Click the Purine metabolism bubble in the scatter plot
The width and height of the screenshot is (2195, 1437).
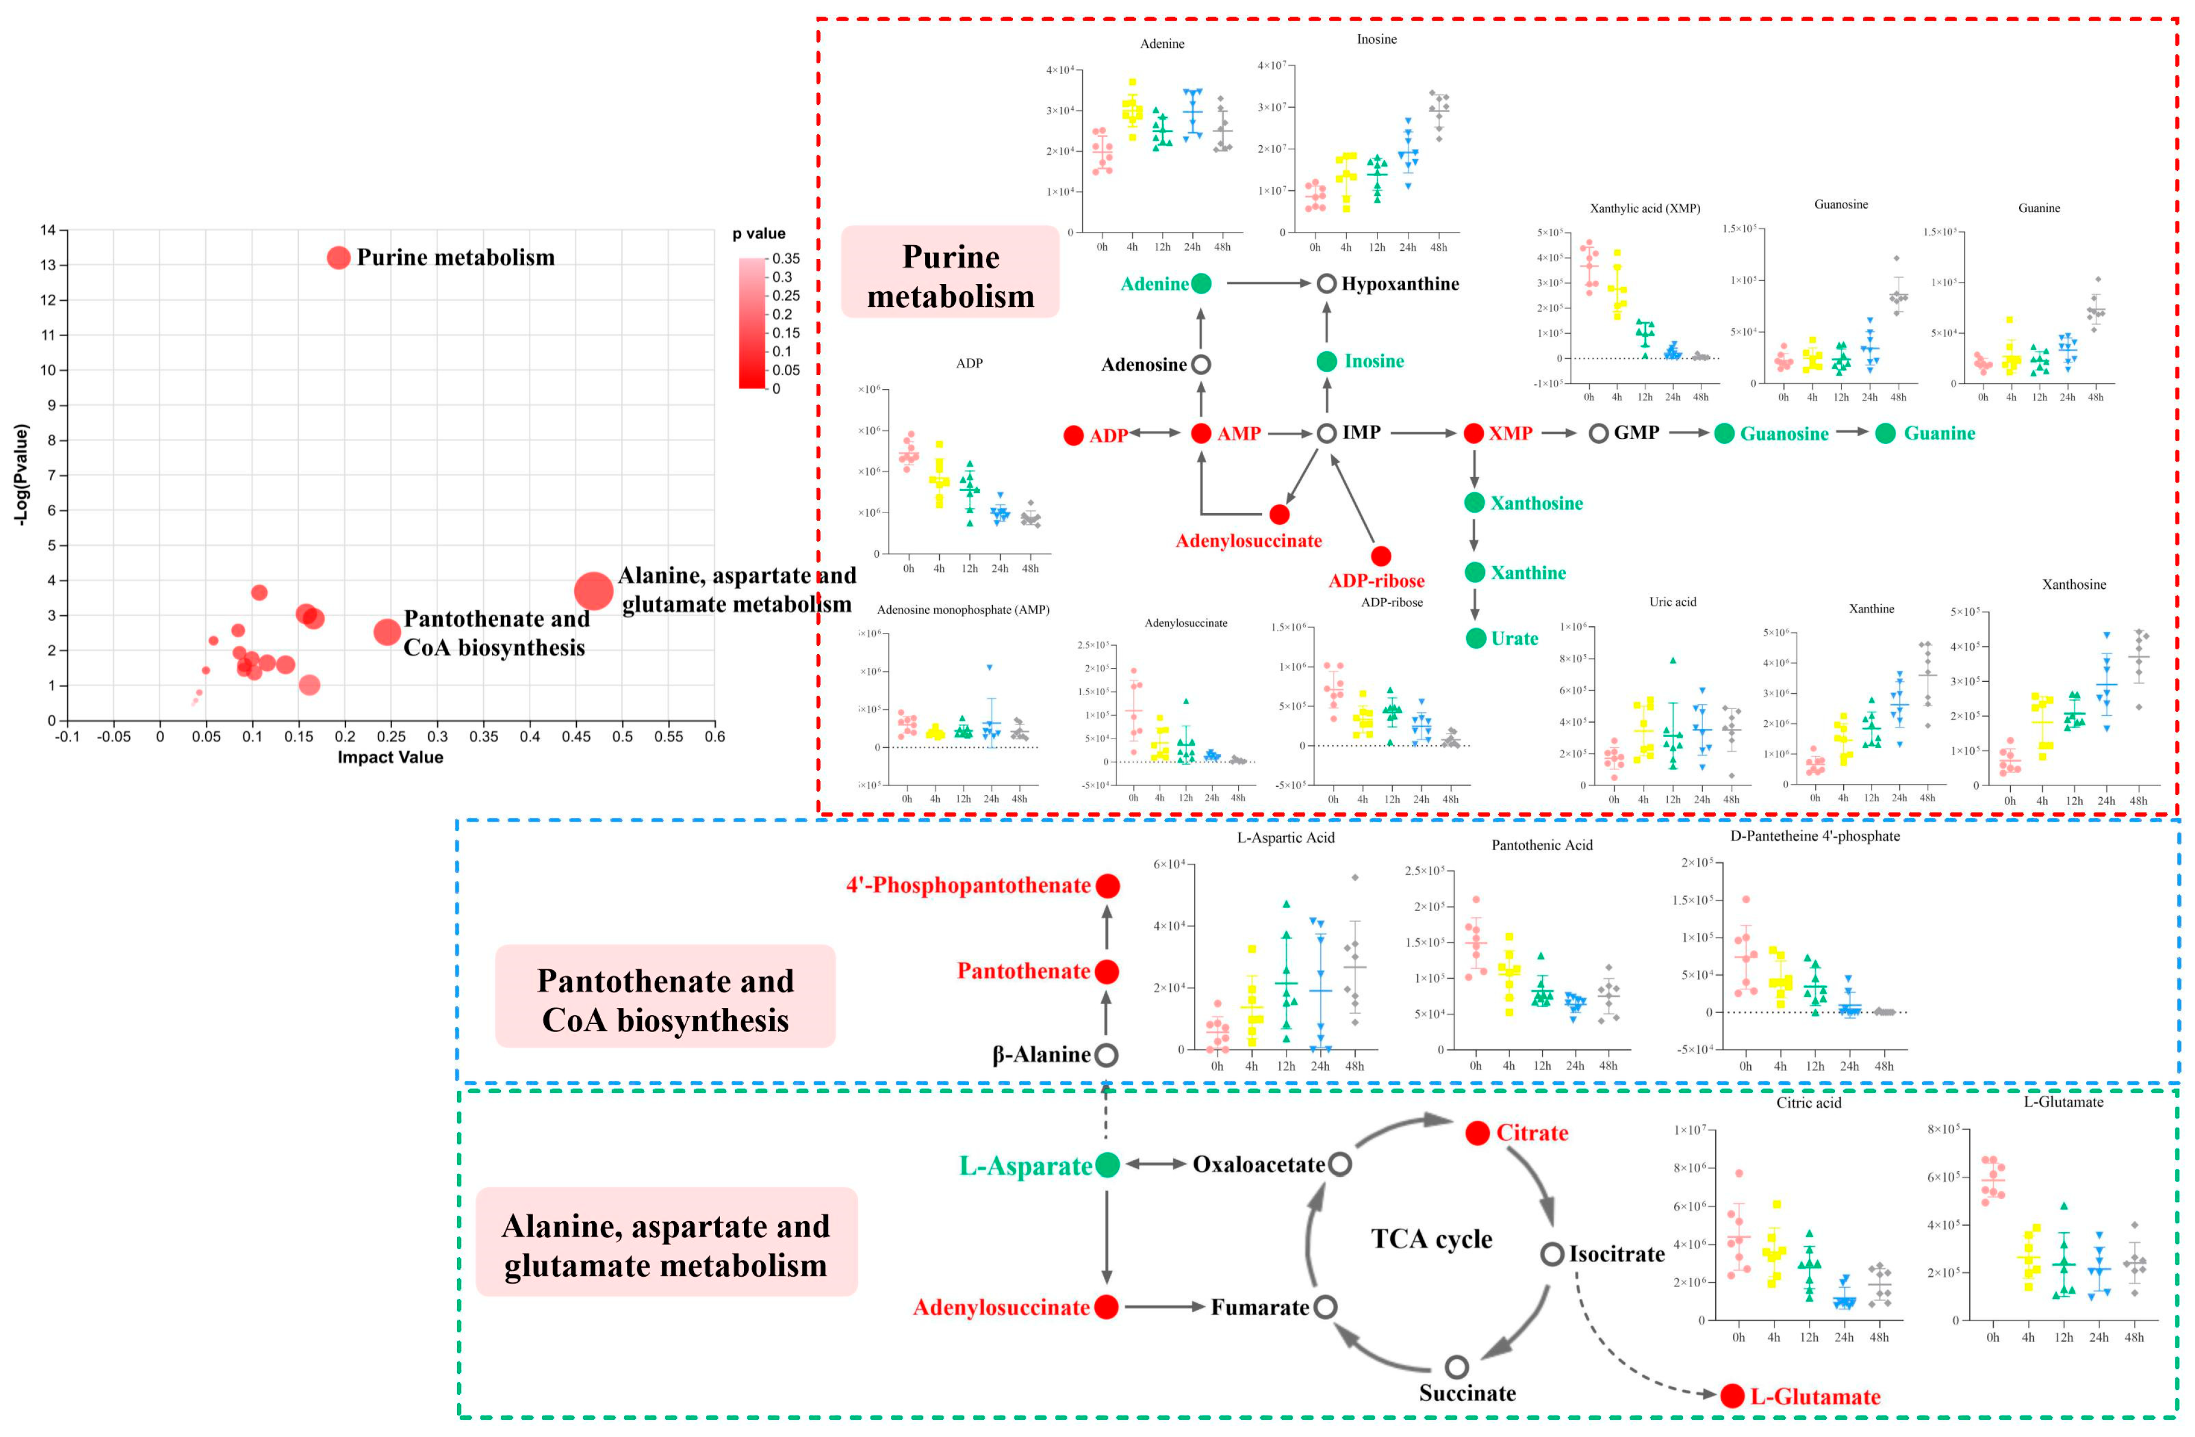click(x=338, y=257)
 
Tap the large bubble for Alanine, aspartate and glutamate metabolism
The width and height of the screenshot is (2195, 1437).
click(x=593, y=590)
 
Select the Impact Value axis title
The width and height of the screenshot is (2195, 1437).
click(x=390, y=757)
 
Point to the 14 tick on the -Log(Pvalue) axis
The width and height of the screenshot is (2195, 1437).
click(x=47, y=230)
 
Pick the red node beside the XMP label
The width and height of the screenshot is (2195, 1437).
click(x=1474, y=433)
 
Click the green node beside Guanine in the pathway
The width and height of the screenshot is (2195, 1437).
click(x=1885, y=433)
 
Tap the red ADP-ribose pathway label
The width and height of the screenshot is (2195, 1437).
click(x=1376, y=581)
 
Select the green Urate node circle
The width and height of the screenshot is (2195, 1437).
click(x=1476, y=638)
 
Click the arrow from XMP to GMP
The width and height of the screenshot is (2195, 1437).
click(x=1559, y=433)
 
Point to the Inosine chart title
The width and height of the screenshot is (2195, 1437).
click(x=1376, y=39)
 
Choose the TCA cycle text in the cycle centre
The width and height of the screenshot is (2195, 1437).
click(x=1431, y=1239)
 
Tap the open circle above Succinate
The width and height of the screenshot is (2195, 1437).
click(x=1456, y=1367)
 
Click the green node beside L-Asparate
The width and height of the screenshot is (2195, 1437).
click(x=1108, y=1165)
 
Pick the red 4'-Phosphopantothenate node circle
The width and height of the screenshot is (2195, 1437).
click(x=1108, y=886)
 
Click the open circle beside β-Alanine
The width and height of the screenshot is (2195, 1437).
click(x=1107, y=1054)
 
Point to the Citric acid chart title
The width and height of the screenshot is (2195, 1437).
click(x=1808, y=1102)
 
